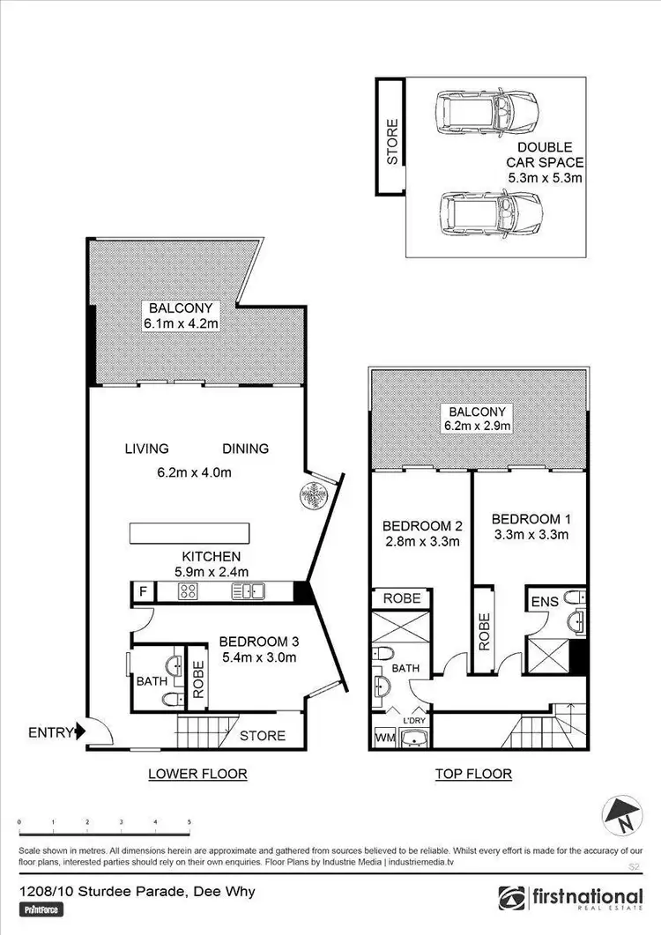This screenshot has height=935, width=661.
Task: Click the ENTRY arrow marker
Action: pyautogui.click(x=79, y=731)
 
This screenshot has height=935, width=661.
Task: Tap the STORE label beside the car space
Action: pyautogui.click(x=392, y=141)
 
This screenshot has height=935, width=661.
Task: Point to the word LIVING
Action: pyautogui.click(x=146, y=449)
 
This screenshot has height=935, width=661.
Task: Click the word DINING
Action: pyautogui.click(x=246, y=449)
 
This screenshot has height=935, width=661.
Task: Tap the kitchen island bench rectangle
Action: pyautogui.click(x=189, y=533)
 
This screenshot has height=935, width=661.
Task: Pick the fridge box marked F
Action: pyautogui.click(x=142, y=592)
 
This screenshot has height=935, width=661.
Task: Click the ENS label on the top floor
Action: pyautogui.click(x=543, y=602)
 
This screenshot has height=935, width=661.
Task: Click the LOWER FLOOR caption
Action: pyautogui.click(x=197, y=774)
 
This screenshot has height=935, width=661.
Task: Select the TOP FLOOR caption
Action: pyautogui.click(x=473, y=774)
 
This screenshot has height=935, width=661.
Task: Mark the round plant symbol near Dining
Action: pyautogui.click(x=313, y=493)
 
